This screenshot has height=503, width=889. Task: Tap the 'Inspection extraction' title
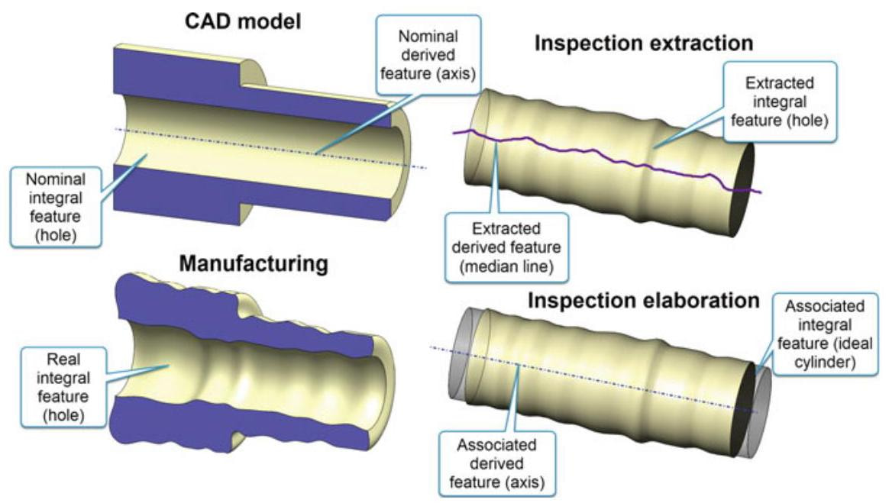tap(644, 44)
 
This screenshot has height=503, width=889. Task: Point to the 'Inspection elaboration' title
tap(644, 300)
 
